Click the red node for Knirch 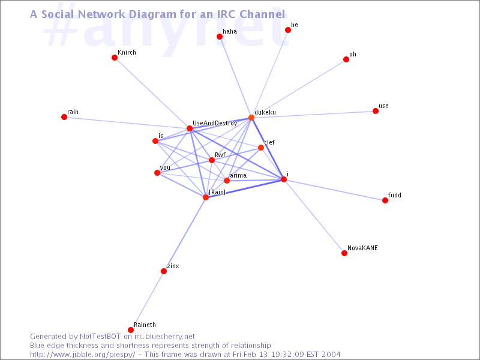[115, 58]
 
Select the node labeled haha [220, 37]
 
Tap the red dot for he [288, 30]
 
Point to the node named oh [346, 59]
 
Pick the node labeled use [376, 111]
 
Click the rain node [64, 117]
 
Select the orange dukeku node [251, 118]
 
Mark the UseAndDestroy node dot [190, 128]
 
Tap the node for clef [261, 148]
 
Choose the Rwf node [212, 160]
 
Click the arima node [227, 181]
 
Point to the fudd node [385, 200]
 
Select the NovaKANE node [344, 253]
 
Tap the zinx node [164, 271]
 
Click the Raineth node [131, 329]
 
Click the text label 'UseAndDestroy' [215, 123]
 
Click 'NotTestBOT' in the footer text [100, 337]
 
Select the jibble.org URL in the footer [82, 355]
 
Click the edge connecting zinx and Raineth [147, 301]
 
